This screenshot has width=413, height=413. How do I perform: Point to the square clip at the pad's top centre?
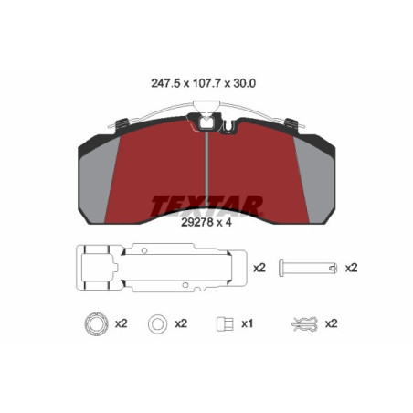208,120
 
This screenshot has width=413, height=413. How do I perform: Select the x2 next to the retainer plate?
259,268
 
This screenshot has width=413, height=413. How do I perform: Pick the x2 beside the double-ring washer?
121,323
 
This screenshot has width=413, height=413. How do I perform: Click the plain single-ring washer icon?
156,323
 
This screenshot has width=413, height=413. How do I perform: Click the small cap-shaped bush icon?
219,323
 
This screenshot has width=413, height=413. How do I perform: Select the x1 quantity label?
247,323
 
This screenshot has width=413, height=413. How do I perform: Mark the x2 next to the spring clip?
333,323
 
